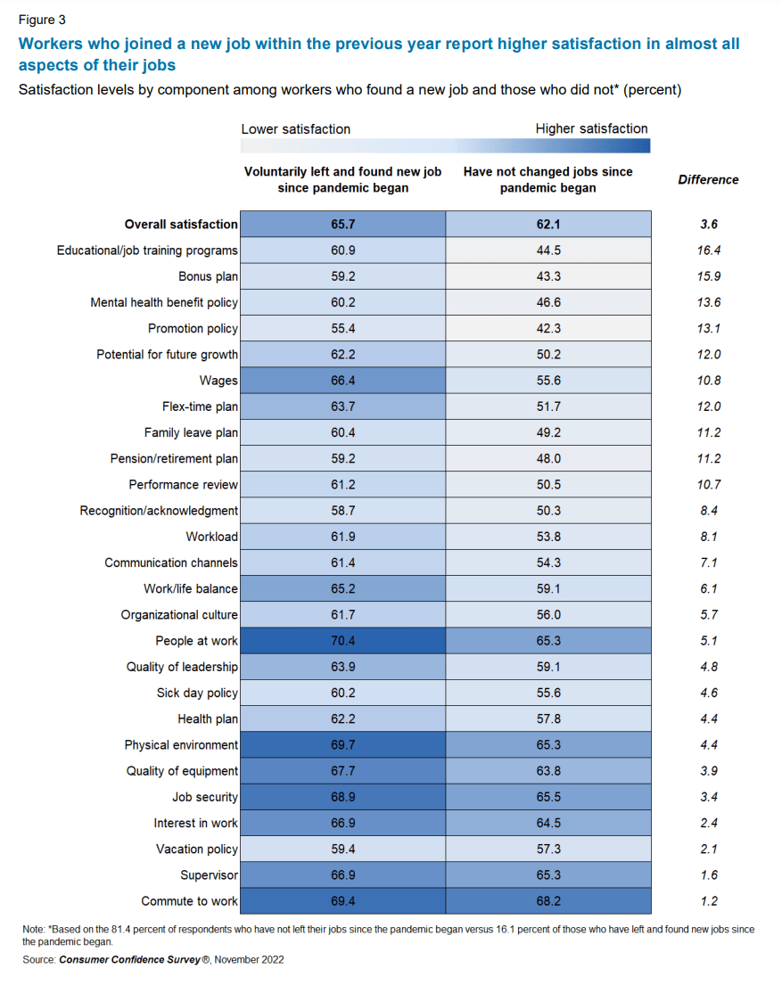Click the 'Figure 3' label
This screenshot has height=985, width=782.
point(42,19)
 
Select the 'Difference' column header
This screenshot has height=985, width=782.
point(708,179)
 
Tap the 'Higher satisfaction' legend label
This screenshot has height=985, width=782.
point(591,128)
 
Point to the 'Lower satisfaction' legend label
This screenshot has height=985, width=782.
point(296,129)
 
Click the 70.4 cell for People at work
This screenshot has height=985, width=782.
point(343,640)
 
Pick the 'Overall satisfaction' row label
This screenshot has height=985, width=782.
point(181,225)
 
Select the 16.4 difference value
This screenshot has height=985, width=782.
point(709,250)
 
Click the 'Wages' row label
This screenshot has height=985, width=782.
point(218,381)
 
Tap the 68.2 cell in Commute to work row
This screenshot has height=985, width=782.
point(547,901)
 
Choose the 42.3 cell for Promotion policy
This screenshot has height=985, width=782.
point(547,328)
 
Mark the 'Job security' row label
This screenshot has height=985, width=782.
point(205,797)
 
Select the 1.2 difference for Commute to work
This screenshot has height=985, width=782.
point(709,901)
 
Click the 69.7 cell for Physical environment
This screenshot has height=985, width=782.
point(343,744)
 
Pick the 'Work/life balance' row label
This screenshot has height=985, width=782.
point(191,588)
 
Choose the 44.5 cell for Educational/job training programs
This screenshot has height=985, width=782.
point(547,250)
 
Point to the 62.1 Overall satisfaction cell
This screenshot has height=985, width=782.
point(547,225)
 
